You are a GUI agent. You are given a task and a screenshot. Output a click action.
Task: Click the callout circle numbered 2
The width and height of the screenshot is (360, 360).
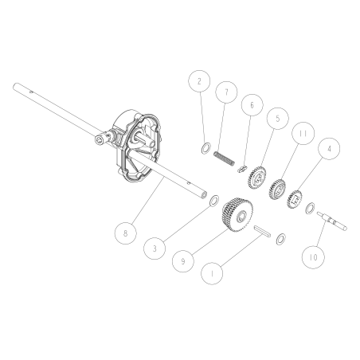click(x=199, y=81)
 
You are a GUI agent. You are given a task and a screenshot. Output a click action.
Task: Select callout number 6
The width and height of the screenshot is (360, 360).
click(x=251, y=104)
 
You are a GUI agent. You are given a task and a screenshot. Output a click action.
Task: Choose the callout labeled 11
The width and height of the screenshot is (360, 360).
click(x=302, y=133)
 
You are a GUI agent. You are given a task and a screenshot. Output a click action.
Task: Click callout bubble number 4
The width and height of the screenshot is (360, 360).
click(x=327, y=147)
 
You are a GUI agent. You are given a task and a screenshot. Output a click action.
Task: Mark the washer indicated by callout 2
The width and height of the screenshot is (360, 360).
click(x=205, y=147)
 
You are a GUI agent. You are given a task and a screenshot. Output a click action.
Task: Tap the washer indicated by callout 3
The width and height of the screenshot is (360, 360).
click(x=214, y=205)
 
